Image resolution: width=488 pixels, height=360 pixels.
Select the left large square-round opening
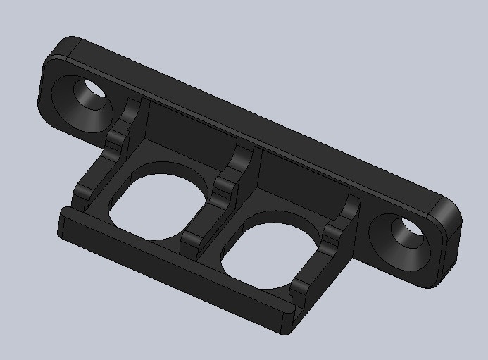158,201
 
